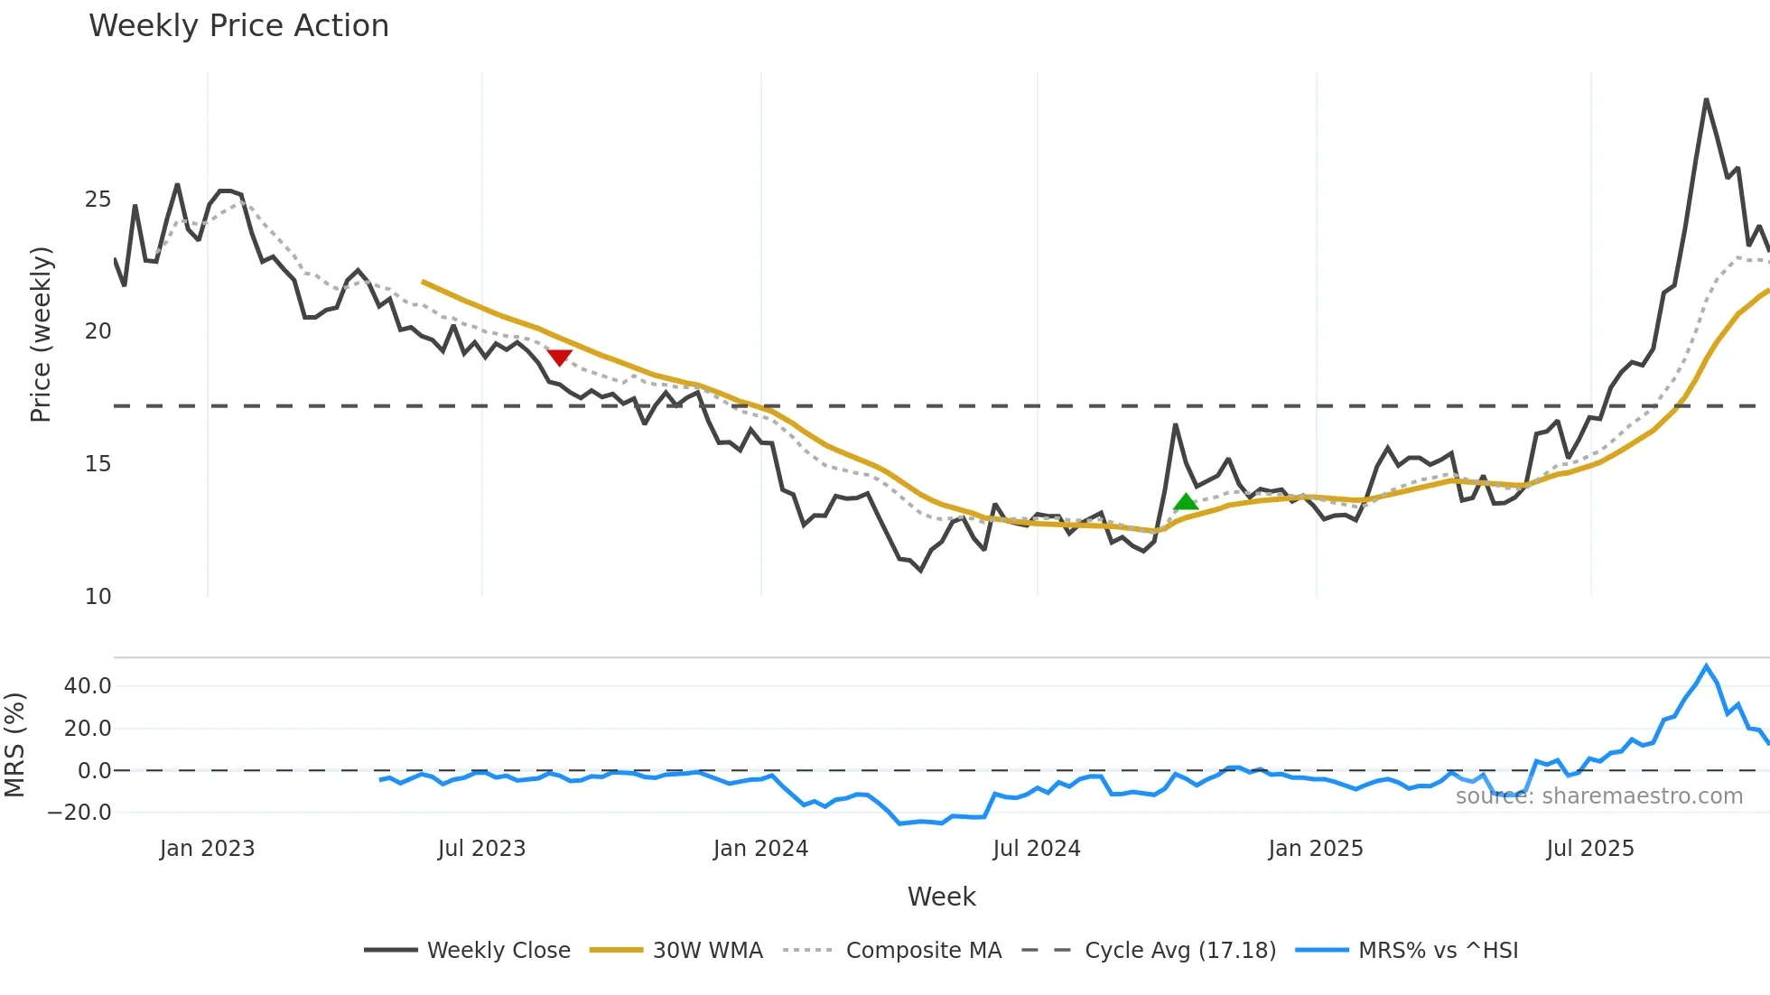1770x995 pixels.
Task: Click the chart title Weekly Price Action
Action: point(238,26)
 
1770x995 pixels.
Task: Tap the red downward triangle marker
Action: point(560,358)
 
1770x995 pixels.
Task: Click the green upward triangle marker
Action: point(1186,502)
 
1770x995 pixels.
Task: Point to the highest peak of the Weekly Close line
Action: point(1706,99)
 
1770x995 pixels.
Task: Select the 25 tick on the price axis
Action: point(98,200)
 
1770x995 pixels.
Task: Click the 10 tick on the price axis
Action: point(98,597)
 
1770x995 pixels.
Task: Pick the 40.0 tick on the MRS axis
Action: point(88,686)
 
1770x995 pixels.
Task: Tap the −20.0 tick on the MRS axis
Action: point(79,813)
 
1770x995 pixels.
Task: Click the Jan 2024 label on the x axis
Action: point(760,849)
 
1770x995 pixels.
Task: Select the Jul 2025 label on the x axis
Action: point(1590,849)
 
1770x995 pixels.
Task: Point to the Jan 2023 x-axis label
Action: point(207,849)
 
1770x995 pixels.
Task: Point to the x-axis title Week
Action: point(941,897)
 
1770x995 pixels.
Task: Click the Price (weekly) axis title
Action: point(41,334)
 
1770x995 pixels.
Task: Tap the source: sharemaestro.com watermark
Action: point(1598,796)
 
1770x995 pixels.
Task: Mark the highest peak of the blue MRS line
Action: point(1706,666)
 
